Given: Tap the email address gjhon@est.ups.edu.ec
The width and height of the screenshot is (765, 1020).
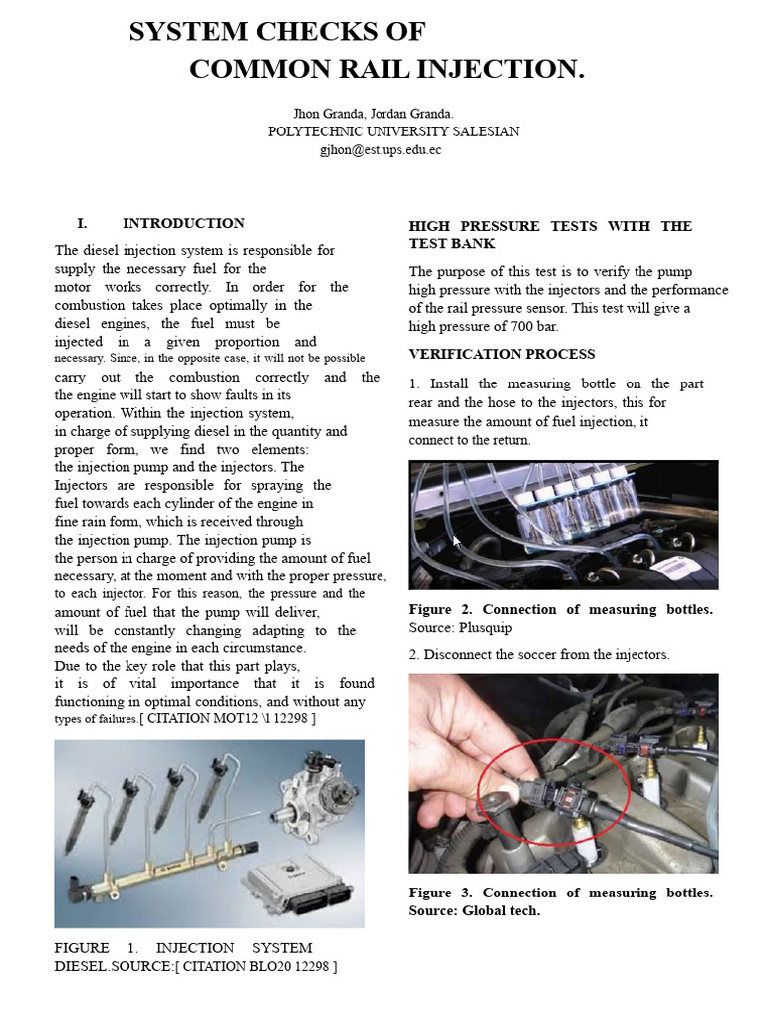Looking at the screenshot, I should (380, 150).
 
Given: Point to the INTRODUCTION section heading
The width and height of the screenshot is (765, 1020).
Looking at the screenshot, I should (183, 223).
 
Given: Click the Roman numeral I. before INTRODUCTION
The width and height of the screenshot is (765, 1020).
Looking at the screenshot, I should (83, 223).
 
